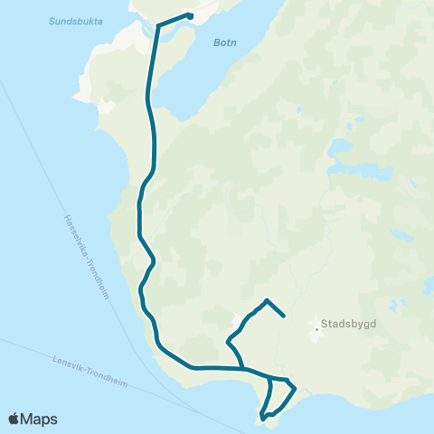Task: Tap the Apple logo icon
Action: (14, 419)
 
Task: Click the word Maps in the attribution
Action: (40, 419)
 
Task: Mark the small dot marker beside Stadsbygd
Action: (316, 331)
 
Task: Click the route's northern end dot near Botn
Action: (190, 15)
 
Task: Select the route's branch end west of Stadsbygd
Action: (284, 316)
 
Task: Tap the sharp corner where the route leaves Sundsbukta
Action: (159, 25)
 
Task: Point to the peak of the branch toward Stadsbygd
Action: (267, 299)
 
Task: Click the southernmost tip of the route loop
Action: (262, 419)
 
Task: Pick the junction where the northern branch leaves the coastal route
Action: (244, 369)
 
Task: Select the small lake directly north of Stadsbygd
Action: (340, 144)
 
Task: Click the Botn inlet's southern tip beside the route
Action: (177, 118)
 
